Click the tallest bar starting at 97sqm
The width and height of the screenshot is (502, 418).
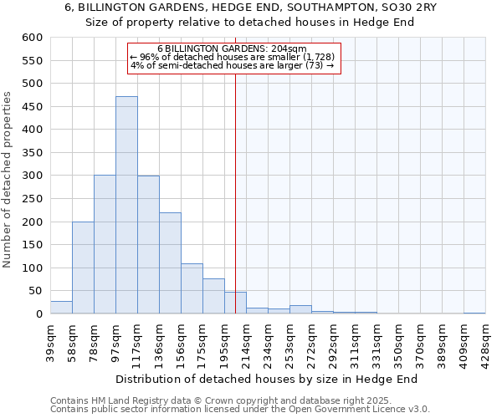tap(126, 205)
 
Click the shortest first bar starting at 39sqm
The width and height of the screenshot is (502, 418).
tap(61, 308)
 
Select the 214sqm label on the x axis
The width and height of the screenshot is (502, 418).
tap(247, 340)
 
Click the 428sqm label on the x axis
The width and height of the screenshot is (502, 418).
tap(485, 340)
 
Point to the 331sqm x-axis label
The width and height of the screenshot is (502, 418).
tap(377, 340)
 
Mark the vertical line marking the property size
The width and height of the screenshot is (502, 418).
tap(235, 184)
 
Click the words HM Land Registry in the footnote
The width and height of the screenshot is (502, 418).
tap(124, 400)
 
